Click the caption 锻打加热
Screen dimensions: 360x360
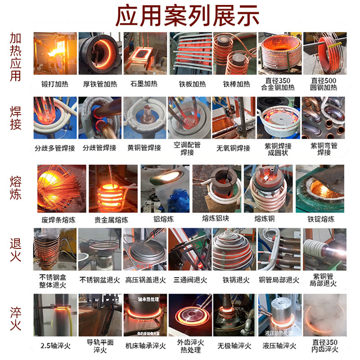[x=54, y=84]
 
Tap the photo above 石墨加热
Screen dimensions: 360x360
[x=144, y=54]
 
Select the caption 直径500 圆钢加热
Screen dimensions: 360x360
[x=324, y=84]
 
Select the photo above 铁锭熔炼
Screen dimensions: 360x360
[x=320, y=188]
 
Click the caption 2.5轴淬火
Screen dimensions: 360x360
[x=54, y=346]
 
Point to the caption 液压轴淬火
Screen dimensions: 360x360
[x=279, y=346]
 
